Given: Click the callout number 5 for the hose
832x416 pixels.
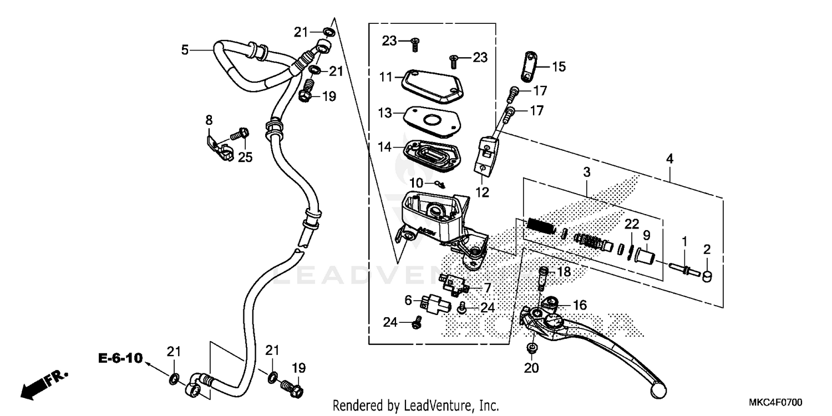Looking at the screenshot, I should point(185,50).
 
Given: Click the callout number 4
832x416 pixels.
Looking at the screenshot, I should point(670,159).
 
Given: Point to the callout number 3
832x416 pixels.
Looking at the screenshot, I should point(587,173).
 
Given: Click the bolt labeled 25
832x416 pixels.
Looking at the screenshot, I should point(241,134).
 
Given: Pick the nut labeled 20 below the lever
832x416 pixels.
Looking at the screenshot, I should point(531,348).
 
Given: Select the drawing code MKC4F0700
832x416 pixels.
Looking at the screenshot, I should point(777,402).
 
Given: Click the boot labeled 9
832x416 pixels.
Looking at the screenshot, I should point(644,257).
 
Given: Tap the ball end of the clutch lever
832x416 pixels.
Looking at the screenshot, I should point(658,387).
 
